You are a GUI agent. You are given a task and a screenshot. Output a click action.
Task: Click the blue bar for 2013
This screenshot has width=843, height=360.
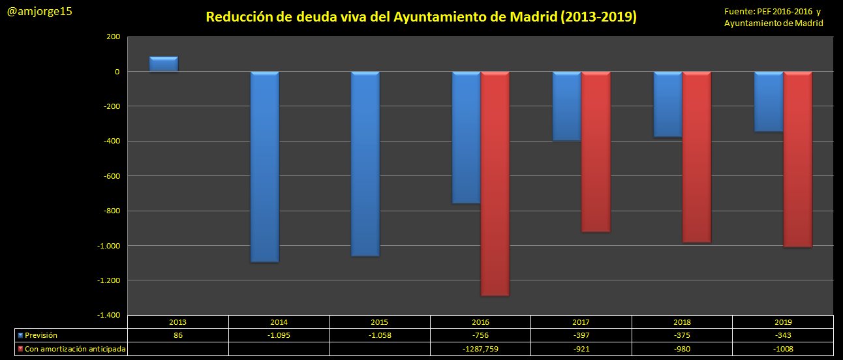(x=164, y=64)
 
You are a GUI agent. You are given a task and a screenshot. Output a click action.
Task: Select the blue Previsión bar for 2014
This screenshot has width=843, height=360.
(x=264, y=166)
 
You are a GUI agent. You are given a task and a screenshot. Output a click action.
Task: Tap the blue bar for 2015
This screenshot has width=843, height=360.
(x=365, y=163)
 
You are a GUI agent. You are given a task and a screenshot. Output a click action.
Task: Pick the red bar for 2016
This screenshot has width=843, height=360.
(x=495, y=183)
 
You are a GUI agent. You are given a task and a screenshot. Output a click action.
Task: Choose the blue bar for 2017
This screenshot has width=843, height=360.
(x=566, y=106)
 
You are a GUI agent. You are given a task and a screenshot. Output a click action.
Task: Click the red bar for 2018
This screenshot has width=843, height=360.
(x=697, y=157)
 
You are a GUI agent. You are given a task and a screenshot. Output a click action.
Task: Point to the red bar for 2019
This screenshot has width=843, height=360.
(x=797, y=159)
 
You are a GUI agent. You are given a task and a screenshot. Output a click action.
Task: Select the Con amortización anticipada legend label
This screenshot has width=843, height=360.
(x=75, y=350)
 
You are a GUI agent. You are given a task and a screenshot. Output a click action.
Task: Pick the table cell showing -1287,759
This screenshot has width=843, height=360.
(x=480, y=350)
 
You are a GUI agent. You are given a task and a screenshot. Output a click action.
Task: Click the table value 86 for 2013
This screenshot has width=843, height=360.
(x=178, y=335)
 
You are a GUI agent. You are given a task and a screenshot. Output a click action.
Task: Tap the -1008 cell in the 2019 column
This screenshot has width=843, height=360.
(x=782, y=350)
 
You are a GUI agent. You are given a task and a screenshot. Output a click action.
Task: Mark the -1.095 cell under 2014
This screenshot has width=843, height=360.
(x=279, y=335)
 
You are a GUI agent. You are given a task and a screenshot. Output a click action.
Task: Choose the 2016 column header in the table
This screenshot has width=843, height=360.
(x=480, y=322)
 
